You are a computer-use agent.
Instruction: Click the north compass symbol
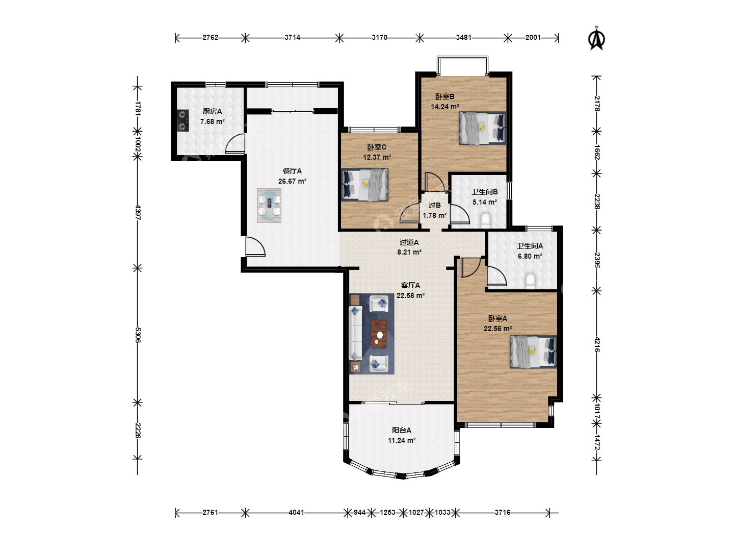(596, 38)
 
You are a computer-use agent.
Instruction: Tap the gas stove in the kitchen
(182, 120)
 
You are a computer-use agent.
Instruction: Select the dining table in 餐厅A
(269, 206)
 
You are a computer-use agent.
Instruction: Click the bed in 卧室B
(482, 128)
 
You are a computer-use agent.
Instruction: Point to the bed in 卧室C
(365, 184)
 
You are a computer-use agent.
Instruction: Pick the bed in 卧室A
(533, 352)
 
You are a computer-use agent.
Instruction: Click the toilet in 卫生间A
(530, 281)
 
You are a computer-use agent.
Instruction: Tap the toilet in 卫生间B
(485, 220)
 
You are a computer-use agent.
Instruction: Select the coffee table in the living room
(379, 334)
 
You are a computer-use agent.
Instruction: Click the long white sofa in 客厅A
(355, 333)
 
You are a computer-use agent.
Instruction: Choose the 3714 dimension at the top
(292, 37)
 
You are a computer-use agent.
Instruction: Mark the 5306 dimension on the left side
(138, 335)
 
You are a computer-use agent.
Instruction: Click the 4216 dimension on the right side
(597, 344)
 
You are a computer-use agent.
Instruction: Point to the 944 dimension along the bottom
(359, 512)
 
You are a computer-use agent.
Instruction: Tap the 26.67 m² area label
(292, 181)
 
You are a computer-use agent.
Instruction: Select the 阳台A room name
(402, 430)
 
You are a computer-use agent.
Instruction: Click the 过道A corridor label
(409, 242)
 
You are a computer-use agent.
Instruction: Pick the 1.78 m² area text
(435, 215)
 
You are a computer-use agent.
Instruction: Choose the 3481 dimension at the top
(464, 37)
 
